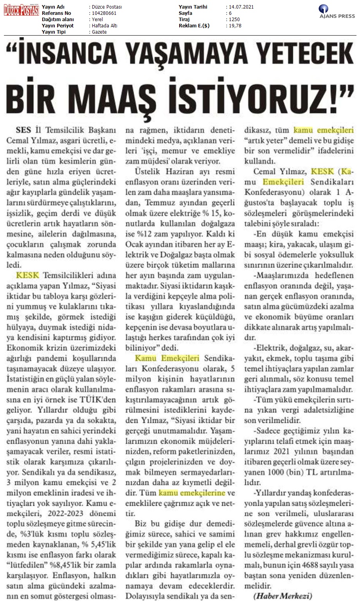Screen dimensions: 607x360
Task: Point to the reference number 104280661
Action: click(x=104, y=13)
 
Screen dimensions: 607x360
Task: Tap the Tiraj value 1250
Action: click(x=235, y=20)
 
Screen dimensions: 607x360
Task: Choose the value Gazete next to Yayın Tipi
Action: click(x=98, y=32)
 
